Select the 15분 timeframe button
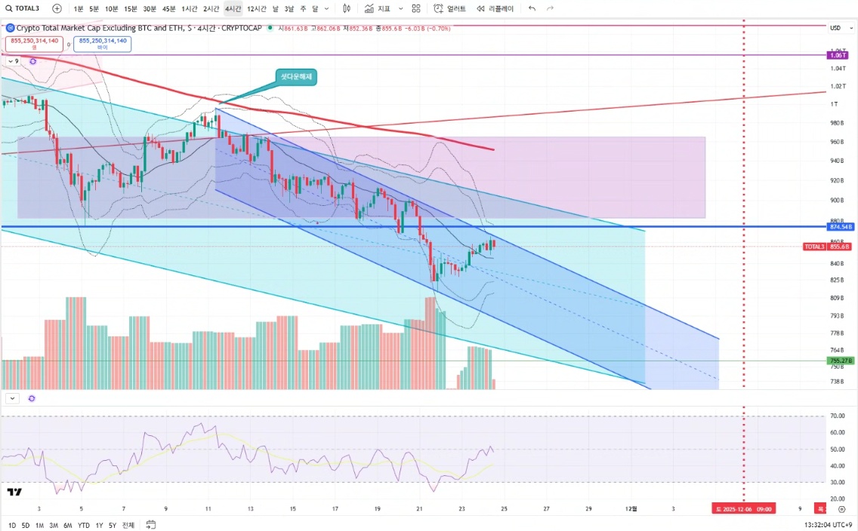[x=131, y=9]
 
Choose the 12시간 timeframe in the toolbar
[x=256, y=9]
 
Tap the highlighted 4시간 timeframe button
[x=233, y=9]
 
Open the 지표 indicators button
[x=377, y=9]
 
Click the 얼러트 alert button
[x=451, y=9]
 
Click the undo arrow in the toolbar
[x=532, y=9]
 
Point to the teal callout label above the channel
[x=297, y=77]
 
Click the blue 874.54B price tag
[x=840, y=226]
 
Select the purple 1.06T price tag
[x=837, y=55]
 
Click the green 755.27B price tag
[x=840, y=361]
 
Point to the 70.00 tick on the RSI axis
[x=836, y=416]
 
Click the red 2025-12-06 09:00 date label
[x=744, y=509]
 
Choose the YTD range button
[x=83, y=525]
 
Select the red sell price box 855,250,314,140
[x=34, y=43]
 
